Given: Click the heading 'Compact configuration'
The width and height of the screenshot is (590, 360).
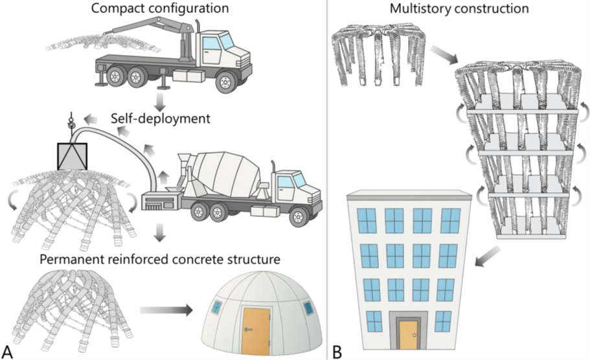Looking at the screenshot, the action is (160, 8).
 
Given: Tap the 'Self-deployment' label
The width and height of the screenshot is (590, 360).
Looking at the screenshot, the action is (161, 118).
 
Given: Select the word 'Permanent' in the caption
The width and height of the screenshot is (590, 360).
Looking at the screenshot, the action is (73, 260).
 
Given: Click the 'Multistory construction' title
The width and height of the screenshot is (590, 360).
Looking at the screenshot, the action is (459, 8).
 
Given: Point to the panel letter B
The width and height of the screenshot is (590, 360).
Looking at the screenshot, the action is (337, 352).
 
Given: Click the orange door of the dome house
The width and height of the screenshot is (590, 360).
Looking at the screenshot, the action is (256, 332).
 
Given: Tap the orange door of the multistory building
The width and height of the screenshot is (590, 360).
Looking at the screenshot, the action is (408, 335).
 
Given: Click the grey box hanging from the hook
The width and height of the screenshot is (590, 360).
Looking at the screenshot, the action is (73, 156).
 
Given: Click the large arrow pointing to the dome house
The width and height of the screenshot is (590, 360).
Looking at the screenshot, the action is (166, 311).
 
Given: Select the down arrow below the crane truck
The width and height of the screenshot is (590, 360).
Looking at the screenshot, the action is (161, 101).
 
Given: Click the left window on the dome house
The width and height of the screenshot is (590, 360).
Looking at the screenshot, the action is (217, 308).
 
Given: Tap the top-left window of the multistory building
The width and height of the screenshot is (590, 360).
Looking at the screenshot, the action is (367, 220).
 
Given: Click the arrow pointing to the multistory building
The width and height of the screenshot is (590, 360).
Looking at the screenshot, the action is (488, 256).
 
